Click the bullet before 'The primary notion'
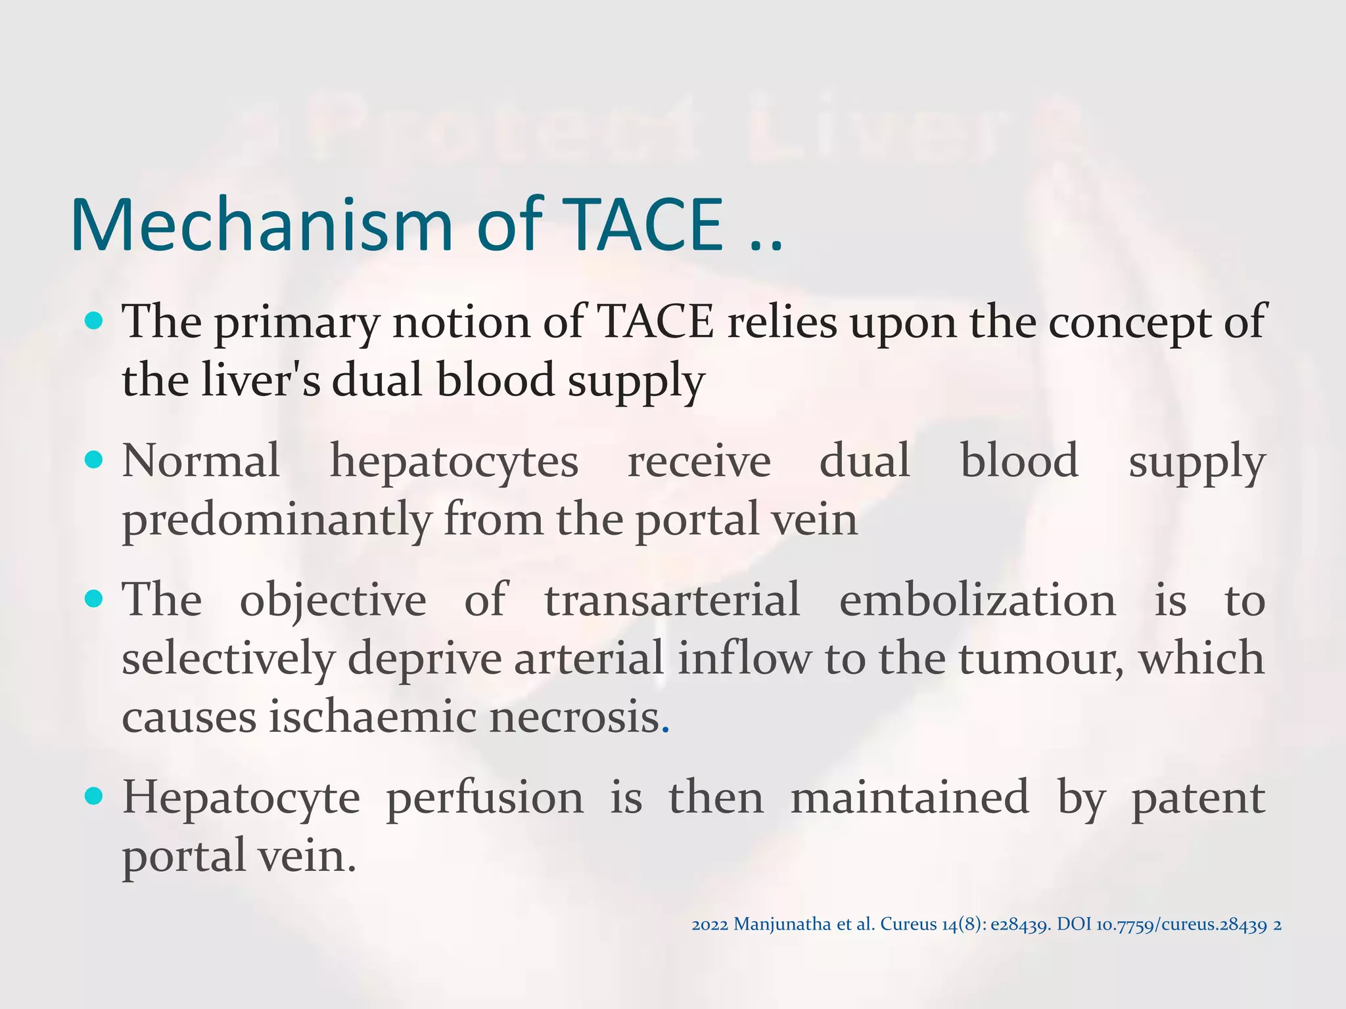[x=95, y=321]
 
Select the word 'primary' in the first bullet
[x=297, y=324]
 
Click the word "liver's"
[x=261, y=380]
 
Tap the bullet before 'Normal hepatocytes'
[x=95, y=459]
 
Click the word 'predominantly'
[x=276, y=520]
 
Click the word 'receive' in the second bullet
[x=699, y=462]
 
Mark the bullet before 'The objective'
[x=95, y=598]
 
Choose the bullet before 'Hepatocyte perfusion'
[x=95, y=796]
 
